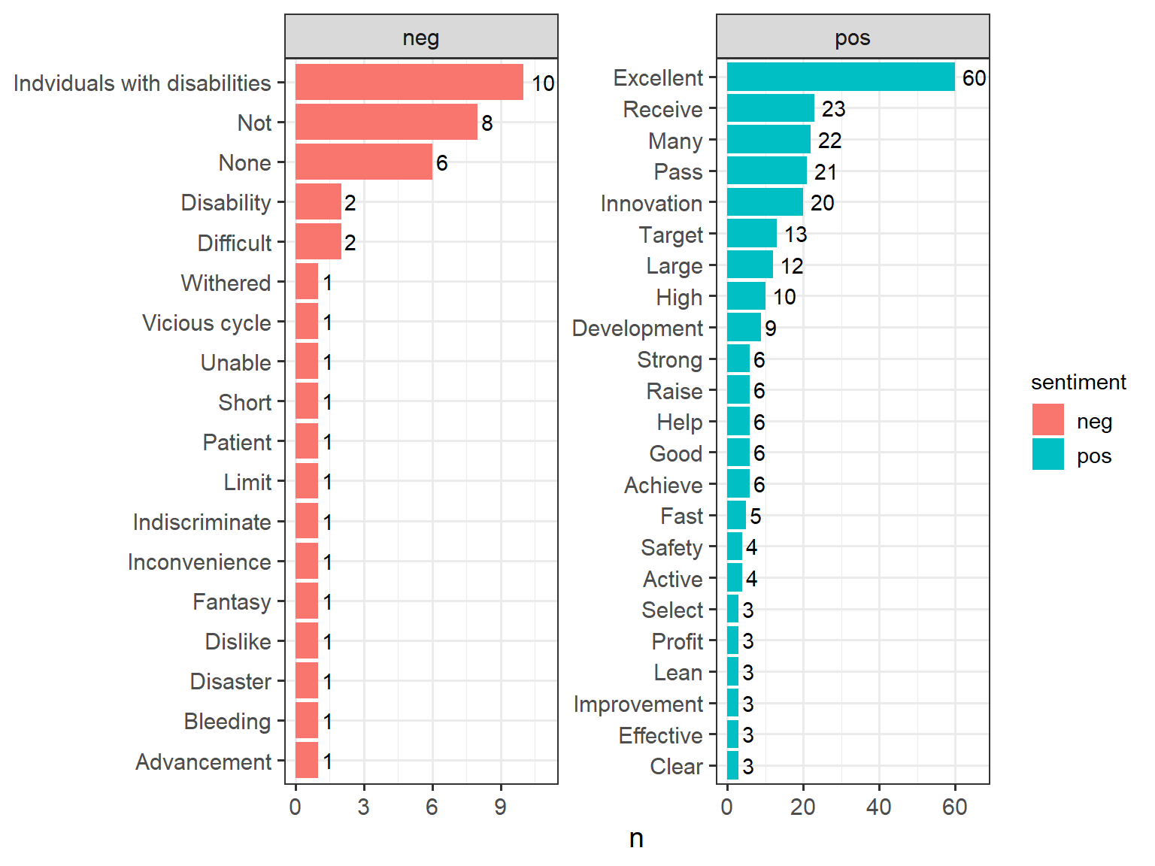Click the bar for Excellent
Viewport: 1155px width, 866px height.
pyautogui.click(x=841, y=77)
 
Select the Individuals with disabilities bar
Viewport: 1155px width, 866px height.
pyautogui.click(x=409, y=82)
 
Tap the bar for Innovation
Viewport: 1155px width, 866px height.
pyautogui.click(x=765, y=202)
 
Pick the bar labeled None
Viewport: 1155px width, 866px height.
pyautogui.click(x=364, y=162)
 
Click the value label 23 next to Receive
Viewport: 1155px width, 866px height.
pyautogui.click(x=833, y=109)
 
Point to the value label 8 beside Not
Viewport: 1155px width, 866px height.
pyautogui.click(x=487, y=123)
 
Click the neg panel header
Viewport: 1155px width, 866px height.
pyautogui.click(x=422, y=37)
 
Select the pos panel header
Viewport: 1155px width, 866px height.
pyautogui.click(x=853, y=37)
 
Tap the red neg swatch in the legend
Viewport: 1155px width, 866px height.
pyautogui.click(x=1048, y=419)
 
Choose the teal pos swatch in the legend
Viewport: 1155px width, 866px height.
pyautogui.click(x=1048, y=454)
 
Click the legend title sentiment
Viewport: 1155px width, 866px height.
pyautogui.click(x=1079, y=383)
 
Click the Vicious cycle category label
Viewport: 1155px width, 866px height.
pyautogui.click(x=207, y=322)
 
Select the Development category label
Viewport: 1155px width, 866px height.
pyautogui.click(x=637, y=328)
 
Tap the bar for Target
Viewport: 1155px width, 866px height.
pyautogui.click(x=752, y=234)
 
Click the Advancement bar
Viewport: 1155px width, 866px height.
pyautogui.click(x=307, y=760)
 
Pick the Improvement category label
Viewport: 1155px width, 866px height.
pyautogui.click(x=638, y=704)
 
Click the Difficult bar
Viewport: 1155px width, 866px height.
pyautogui.click(x=318, y=242)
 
